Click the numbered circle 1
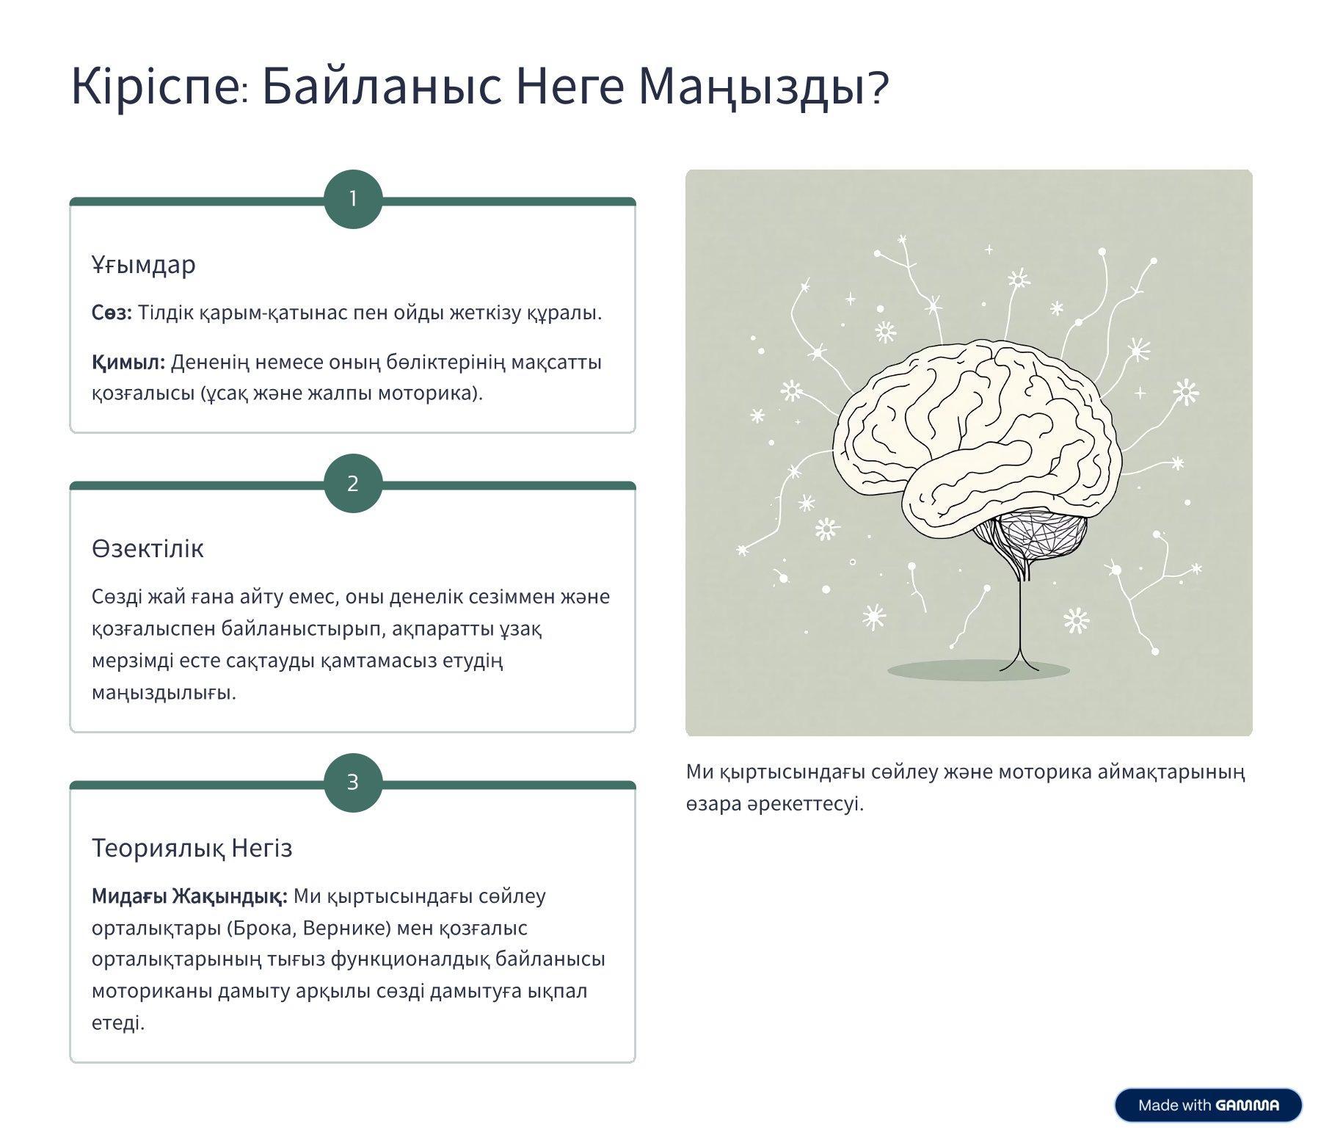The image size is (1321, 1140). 353,199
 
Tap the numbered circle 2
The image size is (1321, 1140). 353,483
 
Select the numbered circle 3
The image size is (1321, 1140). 353,782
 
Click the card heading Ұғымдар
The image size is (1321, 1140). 144,264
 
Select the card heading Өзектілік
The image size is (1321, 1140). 148,548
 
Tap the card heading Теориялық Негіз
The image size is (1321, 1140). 192,848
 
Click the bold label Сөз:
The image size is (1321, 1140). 112,313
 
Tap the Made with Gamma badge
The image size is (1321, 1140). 1208,1105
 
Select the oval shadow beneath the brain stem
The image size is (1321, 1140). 978,669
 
